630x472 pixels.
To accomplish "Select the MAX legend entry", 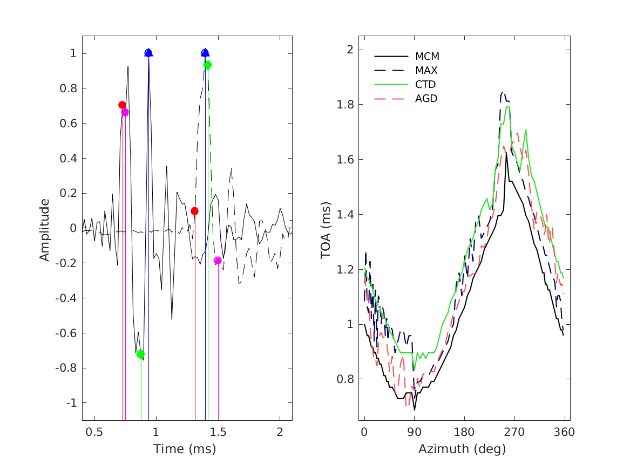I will (x=426, y=70).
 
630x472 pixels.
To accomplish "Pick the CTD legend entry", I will (x=426, y=84).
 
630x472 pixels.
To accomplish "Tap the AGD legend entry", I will (x=426, y=98).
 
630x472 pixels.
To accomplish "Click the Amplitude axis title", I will (x=44, y=230).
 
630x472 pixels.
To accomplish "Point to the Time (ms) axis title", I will (x=185, y=449).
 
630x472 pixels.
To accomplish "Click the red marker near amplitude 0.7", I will (x=123, y=105).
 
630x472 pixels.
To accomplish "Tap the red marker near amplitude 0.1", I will (x=195, y=211).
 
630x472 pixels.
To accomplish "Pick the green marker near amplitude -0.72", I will (x=141, y=354).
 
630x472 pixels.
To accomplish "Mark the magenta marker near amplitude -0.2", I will (x=218, y=261).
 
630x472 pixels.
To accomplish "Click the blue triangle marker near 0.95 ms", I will (x=148, y=53).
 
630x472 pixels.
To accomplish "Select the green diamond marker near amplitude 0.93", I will (x=207, y=65).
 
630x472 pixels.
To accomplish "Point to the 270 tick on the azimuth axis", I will (x=514, y=432).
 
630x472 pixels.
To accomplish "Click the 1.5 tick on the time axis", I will (x=218, y=432).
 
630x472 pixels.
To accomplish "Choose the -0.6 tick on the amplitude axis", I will (x=66, y=333).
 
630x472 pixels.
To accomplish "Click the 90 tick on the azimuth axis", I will (x=415, y=432).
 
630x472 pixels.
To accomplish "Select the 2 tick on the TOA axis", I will (x=349, y=50).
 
